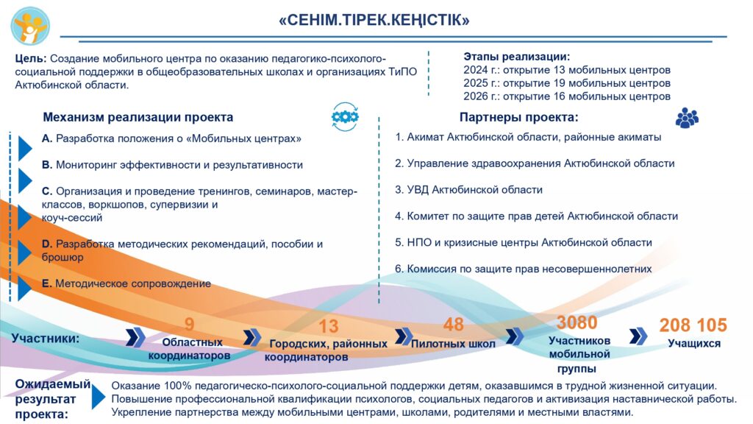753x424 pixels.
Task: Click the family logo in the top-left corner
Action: click(30, 25)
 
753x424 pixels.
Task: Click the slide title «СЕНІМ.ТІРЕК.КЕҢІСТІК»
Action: click(374, 21)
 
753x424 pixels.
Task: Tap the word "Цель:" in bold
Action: click(31, 59)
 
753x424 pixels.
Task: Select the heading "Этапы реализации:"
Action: click(517, 57)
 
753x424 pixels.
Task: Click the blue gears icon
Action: click(345, 117)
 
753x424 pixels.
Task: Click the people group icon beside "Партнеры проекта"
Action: click(687, 118)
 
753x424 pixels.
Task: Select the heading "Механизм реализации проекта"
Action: click(138, 117)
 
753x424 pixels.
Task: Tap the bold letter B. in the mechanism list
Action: click(46, 165)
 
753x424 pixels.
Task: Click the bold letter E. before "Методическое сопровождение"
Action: click(46, 283)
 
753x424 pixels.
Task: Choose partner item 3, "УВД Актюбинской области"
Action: click(468, 190)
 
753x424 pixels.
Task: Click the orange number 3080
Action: click(577, 322)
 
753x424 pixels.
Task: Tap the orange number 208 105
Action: click(693, 325)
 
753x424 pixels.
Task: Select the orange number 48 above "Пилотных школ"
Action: click(453, 325)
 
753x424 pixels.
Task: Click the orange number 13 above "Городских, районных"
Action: click(329, 327)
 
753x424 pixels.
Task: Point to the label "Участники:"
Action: click(45, 339)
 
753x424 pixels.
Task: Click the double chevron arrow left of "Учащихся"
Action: click(638, 336)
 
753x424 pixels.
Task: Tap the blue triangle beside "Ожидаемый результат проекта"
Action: click(99, 397)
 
